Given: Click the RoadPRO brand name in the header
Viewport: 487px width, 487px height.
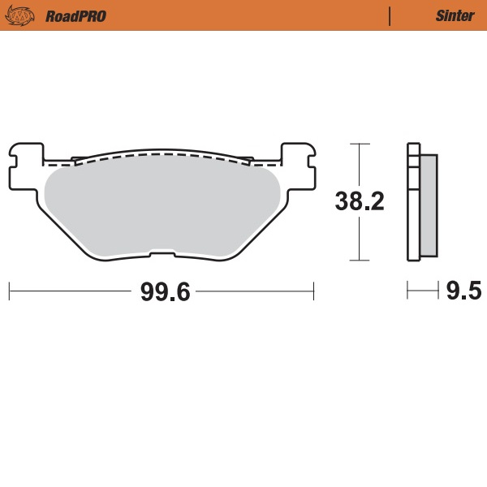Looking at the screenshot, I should (x=75, y=15).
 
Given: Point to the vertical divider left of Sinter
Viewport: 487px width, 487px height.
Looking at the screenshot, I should (x=390, y=15).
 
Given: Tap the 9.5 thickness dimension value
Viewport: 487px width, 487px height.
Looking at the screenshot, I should (x=463, y=291).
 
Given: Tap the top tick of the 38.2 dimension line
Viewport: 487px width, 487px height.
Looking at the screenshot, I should (x=359, y=144).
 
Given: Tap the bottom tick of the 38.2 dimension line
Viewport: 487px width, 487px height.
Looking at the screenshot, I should (x=359, y=261).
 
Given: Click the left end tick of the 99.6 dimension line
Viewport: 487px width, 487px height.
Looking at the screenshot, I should (x=9, y=290).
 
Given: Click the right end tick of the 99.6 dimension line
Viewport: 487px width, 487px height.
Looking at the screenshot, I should (x=313, y=290).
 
